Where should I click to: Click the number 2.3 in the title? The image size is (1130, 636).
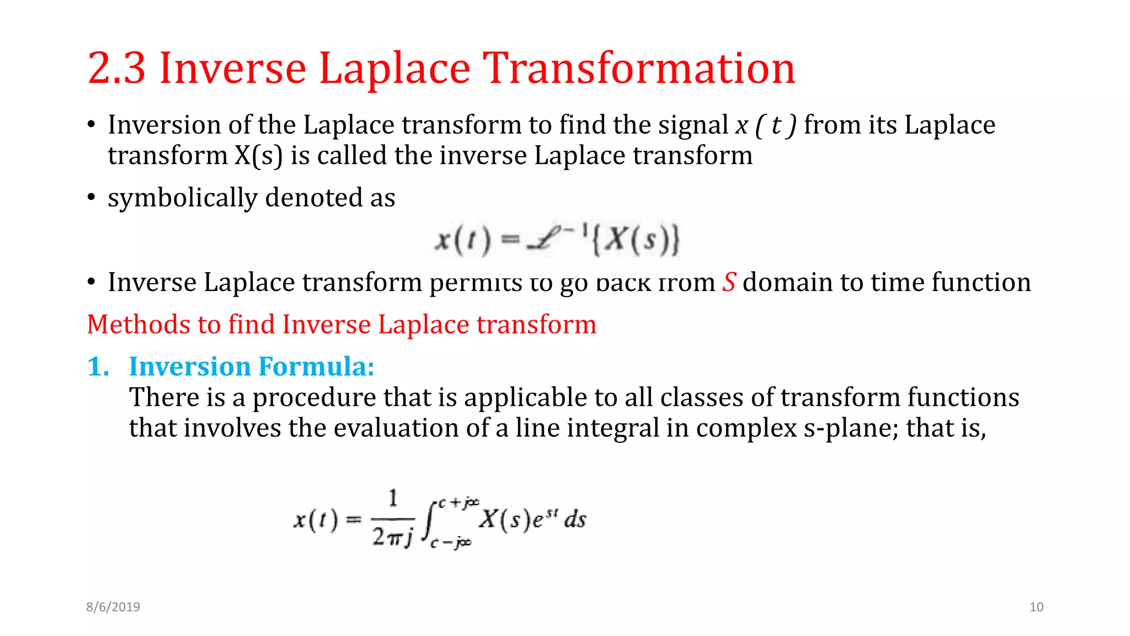116,68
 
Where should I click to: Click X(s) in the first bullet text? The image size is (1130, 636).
258,156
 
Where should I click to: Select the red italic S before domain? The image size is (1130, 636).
729,282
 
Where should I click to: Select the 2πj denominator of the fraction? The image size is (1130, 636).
392,536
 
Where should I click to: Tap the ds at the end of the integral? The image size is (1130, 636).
575,520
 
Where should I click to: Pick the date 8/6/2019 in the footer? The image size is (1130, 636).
113,607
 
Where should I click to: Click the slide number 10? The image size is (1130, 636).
1036,607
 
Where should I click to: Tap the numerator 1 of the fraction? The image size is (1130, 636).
393,499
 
